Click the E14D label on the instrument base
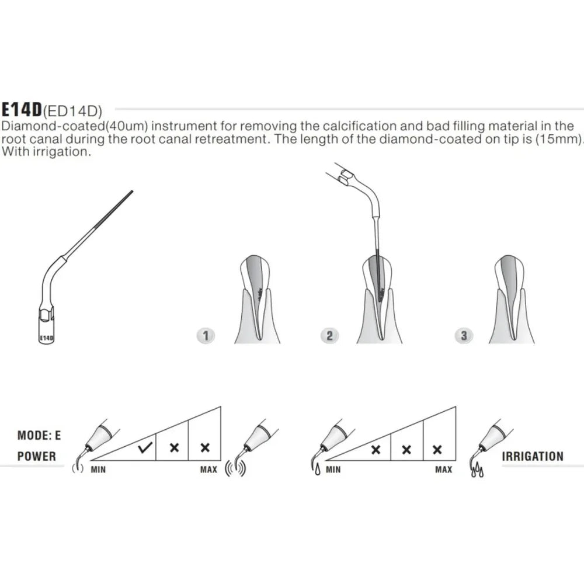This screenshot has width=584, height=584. [46, 338]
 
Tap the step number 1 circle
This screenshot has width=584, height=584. [206, 336]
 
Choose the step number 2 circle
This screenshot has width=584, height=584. [329, 336]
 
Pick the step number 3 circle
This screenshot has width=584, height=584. [464, 336]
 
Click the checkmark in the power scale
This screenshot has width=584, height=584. [145, 449]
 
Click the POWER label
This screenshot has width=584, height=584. [36, 456]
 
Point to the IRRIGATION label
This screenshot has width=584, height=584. [533, 456]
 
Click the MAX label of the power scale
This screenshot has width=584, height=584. [208, 469]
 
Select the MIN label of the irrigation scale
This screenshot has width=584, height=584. [333, 469]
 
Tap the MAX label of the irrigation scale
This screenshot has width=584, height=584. [443, 469]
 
